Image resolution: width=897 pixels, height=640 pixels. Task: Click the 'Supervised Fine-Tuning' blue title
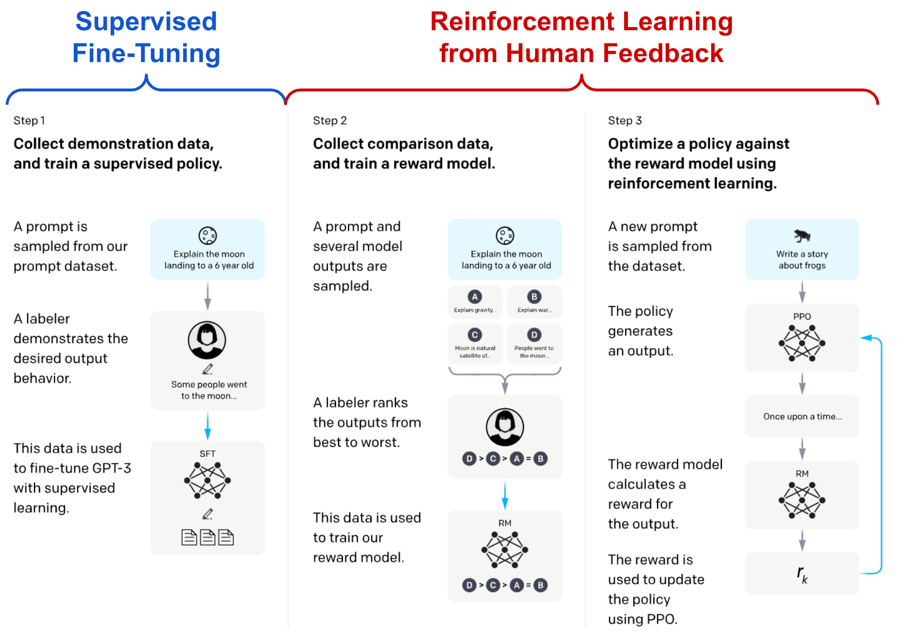point(146,37)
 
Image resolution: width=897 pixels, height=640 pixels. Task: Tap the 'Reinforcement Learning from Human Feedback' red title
point(581,37)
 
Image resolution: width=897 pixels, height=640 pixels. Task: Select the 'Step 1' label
point(29,120)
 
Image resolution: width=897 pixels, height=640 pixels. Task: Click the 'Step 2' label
point(330,120)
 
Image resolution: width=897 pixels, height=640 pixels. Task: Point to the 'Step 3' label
point(625,120)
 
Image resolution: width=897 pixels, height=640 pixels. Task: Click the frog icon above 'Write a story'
point(802,235)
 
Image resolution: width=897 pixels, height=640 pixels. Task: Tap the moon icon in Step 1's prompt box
point(208,235)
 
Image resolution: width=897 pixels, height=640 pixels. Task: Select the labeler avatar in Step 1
point(207,340)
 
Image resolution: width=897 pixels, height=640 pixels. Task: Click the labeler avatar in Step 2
point(505,427)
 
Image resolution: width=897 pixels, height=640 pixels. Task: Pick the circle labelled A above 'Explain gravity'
point(475,297)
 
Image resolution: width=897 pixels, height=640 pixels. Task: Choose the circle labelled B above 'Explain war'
point(534,297)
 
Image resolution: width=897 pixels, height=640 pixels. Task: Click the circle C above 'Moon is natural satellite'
point(475,335)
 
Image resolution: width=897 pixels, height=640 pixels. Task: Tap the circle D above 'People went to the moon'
point(534,335)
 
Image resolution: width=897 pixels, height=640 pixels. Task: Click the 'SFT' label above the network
point(208,454)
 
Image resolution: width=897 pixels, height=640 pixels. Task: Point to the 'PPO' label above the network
point(802,316)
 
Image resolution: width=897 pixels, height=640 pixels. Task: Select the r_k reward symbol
point(802,574)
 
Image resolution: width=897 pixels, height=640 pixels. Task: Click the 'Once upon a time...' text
point(802,417)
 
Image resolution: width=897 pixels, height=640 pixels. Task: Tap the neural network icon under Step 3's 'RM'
point(802,500)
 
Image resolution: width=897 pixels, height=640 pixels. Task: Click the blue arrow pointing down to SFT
point(208,426)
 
